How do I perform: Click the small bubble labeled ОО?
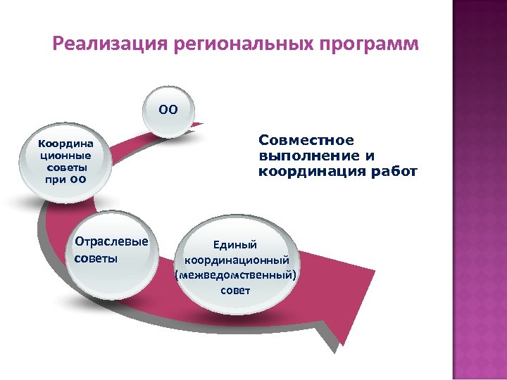[168, 110]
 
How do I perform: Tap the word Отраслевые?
[111, 242]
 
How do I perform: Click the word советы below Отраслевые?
[96, 258]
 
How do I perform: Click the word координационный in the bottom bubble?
[236, 261]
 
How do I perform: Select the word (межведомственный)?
[236, 276]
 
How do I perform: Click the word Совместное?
[306, 141]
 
